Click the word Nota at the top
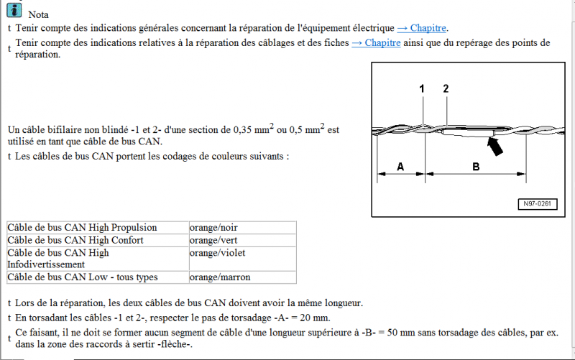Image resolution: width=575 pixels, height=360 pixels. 38,14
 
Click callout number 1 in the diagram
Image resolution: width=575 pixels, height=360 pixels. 422,88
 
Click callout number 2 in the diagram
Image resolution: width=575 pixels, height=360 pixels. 446,88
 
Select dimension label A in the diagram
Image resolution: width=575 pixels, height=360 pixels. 400,167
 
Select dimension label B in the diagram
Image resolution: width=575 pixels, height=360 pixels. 476,167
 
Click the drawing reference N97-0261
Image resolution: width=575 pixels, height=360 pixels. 535,205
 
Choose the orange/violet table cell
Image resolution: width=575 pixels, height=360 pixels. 216,252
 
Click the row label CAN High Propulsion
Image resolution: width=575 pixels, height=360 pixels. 82,228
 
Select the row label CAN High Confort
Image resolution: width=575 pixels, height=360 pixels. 75,240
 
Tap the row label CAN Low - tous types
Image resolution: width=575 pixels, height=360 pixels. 82,277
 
